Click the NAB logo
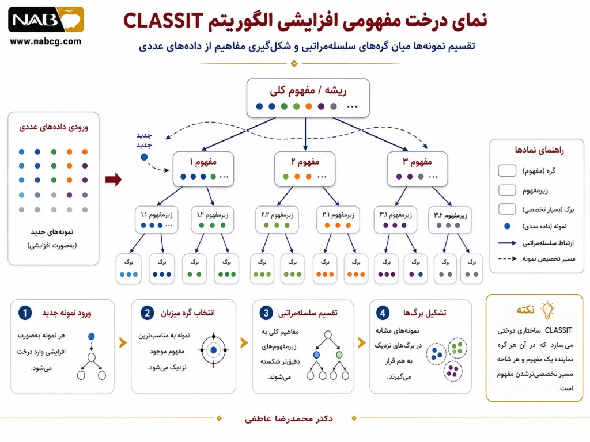click(46, 20)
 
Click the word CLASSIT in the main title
click(163, 21)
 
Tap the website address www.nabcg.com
click(46, 41)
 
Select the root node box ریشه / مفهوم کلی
click(308, 98)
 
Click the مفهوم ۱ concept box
click(203, 169)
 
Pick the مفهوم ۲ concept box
click(305, 169)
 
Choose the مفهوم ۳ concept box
click(417, 169)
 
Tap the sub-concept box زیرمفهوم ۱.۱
click(157, 219)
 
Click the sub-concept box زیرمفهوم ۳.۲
click(450, 219)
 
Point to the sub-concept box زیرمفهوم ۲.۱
click(338, 219)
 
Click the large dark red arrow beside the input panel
click(114, 180)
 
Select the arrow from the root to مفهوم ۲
click(305, 134)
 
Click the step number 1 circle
click(25, 313)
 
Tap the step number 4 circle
click(383, 313)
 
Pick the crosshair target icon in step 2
click(214, 350)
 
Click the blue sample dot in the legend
click(507, 226)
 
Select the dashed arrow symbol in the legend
click(507, 258)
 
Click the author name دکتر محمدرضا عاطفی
click(289, 418)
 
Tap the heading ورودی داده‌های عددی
click(54, 127)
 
